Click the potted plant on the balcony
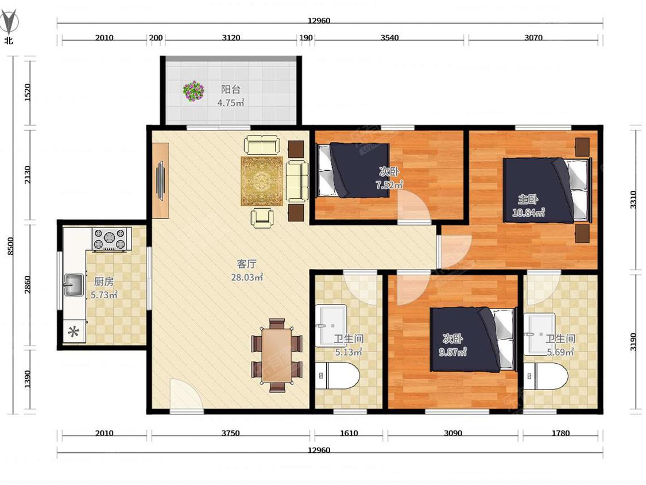click(194, 91)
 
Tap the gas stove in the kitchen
click(109, 239)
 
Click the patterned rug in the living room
click(262, 181)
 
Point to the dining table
click(277, 355)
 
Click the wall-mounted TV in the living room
click(160, 181)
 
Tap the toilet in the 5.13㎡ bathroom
click(337, 375)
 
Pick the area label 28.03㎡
click(247, 277)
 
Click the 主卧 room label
click(528, 199)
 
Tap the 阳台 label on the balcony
click(231, 89)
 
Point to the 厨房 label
click(104, 281)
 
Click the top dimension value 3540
click(389, 37)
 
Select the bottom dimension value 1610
click(349, 433)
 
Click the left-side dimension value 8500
click(11, 246)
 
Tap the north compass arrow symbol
click(9, 22)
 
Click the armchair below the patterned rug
click(262, 217)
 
